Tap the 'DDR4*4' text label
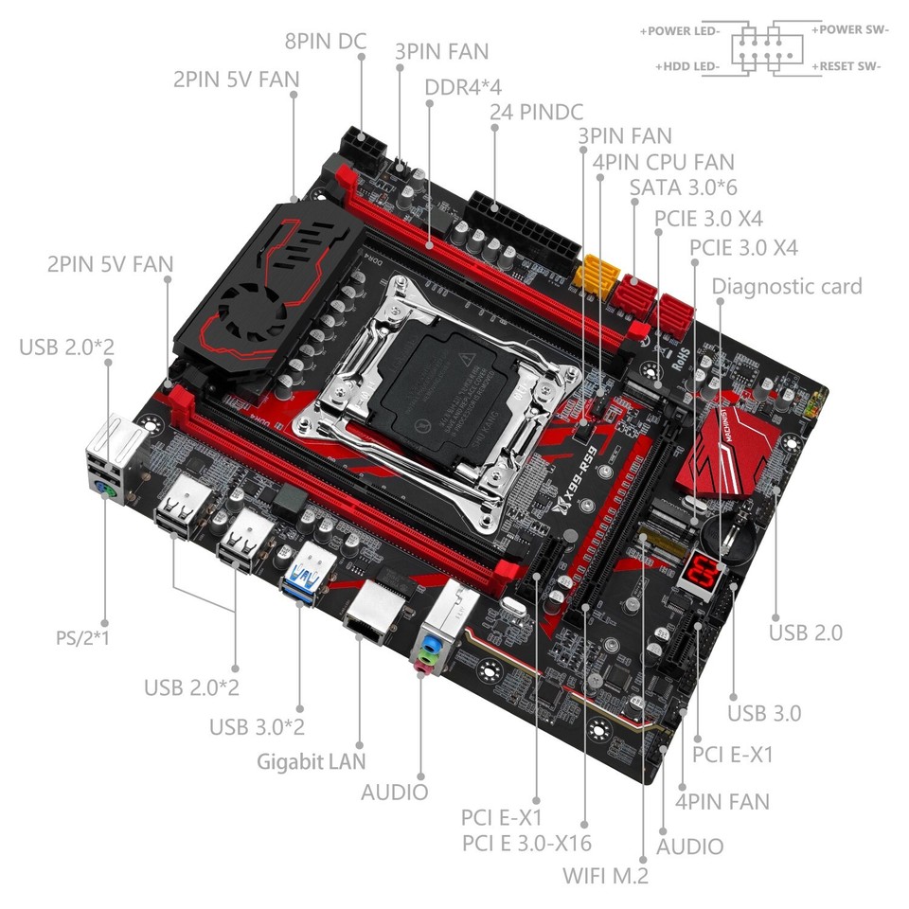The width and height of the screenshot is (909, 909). pos(463,86)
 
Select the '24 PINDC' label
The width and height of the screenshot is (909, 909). pos(536,111)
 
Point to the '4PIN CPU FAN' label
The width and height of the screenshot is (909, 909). pos(663,162)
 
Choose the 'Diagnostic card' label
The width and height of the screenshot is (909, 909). pos(787,286)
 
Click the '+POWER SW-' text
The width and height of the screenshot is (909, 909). pos(849,30)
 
